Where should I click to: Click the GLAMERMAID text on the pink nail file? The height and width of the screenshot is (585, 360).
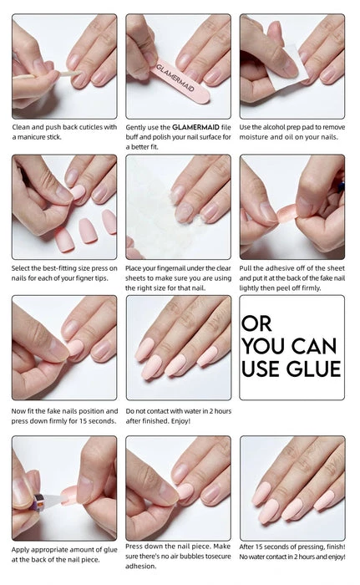coord(175,79)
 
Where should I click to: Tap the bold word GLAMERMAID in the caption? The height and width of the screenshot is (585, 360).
coord(195,127)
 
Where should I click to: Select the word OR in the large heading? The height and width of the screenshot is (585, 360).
coord(256,323)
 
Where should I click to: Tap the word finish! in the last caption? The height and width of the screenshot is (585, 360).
coord(336,547)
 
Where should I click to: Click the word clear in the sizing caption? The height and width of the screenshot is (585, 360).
coord(223,268)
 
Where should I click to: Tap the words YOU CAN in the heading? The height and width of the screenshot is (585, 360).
coord(290,346)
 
